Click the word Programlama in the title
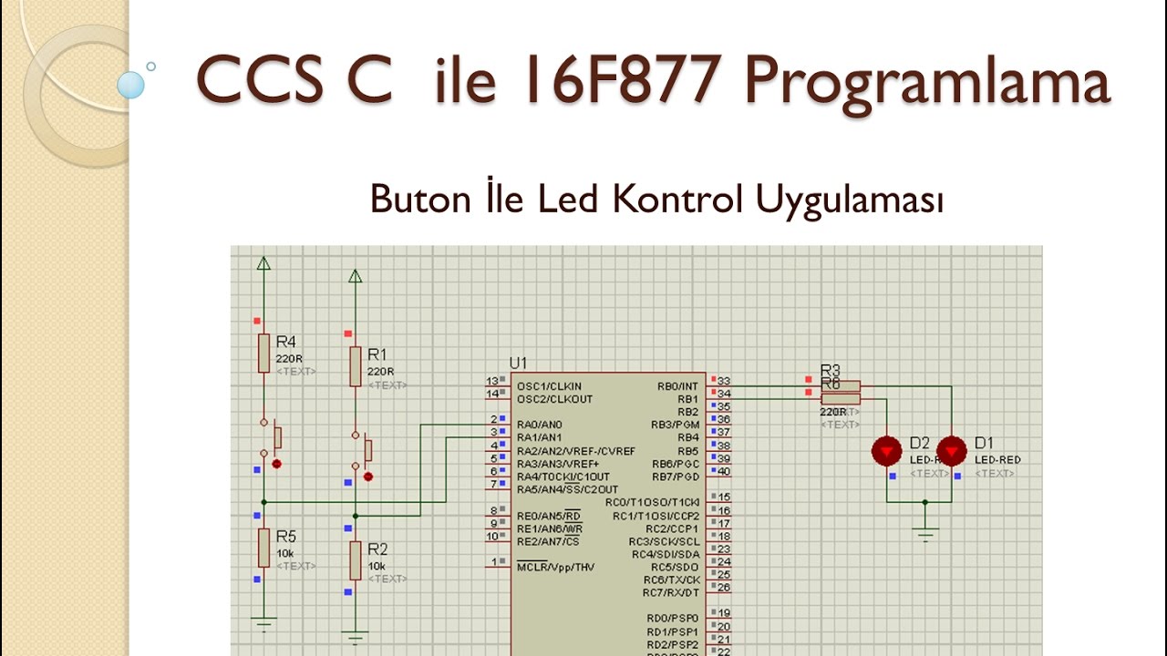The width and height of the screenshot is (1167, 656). (x=926, y=80)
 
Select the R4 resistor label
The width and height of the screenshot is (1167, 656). (x=285, y=342)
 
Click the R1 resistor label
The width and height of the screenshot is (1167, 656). (x=377, y=354)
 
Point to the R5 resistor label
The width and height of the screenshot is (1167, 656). (x=285, y=536)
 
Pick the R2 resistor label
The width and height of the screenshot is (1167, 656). (x=377, y=549)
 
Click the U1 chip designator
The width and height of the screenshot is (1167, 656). (x=518, y=363)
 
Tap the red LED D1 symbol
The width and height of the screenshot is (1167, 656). (x=951, y=450)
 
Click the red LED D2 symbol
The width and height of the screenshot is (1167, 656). (x=886, y=450)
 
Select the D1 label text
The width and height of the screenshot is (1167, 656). (x=984, y=443)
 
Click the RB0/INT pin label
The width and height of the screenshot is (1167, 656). (x=677, y=386)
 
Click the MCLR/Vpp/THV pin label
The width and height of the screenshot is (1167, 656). (x=555, y=567)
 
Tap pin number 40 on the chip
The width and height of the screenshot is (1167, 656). (x=724, y=471)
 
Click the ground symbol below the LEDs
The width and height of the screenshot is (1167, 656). (x=925, y=535)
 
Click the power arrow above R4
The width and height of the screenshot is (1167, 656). (x=263, y=263)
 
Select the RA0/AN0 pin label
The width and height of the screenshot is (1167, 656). (x=539, y=425)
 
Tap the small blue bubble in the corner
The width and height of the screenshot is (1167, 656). (x=130, y=86)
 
